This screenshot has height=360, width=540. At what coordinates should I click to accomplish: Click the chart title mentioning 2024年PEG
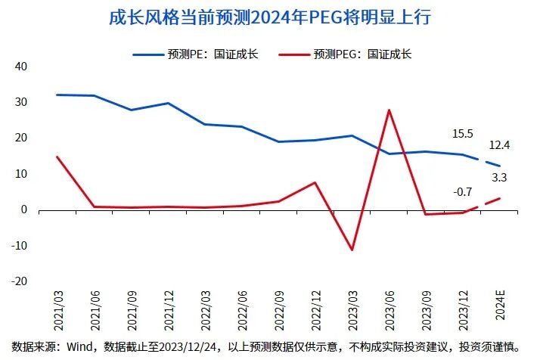click(270, 17)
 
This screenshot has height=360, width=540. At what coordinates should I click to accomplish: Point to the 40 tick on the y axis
click(20, 67)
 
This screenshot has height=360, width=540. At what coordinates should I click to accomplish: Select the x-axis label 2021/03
click(57, 309)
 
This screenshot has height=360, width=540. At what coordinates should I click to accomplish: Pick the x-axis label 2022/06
click(241, 309)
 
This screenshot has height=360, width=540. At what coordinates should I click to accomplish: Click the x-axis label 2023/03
click(352, 309)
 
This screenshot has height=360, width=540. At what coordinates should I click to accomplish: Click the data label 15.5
click(462, 134)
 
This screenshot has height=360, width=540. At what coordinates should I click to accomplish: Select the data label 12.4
click(499, 144)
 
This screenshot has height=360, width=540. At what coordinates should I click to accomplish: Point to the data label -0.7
click(462, 192)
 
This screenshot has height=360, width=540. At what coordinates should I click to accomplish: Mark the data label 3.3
click(499, 178)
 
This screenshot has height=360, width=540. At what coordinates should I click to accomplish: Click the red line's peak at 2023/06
click(389, 110)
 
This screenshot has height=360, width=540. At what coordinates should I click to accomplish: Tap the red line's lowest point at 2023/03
click(352, 250)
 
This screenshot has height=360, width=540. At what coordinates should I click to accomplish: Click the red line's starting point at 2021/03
click(57, 157)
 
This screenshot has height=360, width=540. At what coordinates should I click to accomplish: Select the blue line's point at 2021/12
click(167, 103)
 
